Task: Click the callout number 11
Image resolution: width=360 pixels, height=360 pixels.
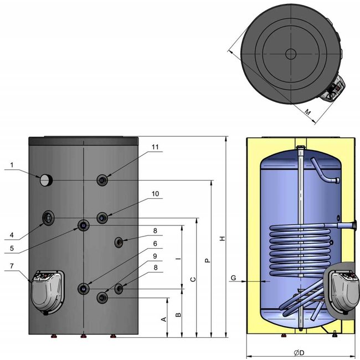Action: (x=155, y=147)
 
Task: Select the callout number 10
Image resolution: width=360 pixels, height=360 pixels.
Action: (x=155, y=194)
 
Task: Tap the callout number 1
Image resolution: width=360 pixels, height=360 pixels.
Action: (x=12, y=164)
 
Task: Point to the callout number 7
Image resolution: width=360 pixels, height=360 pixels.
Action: (x=12, y=267)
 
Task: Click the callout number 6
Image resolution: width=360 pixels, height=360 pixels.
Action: (x=155, y=243)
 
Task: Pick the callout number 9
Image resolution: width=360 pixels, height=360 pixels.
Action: (x=155, y=256)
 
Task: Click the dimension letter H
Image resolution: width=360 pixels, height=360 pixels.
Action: (x=222, y=238)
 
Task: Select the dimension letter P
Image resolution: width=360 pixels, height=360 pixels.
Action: (x=207, y=259)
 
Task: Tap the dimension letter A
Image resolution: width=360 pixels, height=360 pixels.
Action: (x=163, y=320)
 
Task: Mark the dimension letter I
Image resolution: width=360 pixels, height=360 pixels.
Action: (x=178, y=259)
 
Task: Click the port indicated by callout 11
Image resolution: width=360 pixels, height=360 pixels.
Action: (x=103, y=180)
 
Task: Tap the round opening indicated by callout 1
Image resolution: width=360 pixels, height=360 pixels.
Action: (x=45, y=179)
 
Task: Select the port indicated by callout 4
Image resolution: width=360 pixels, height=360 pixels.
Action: (x=49, y=218)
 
